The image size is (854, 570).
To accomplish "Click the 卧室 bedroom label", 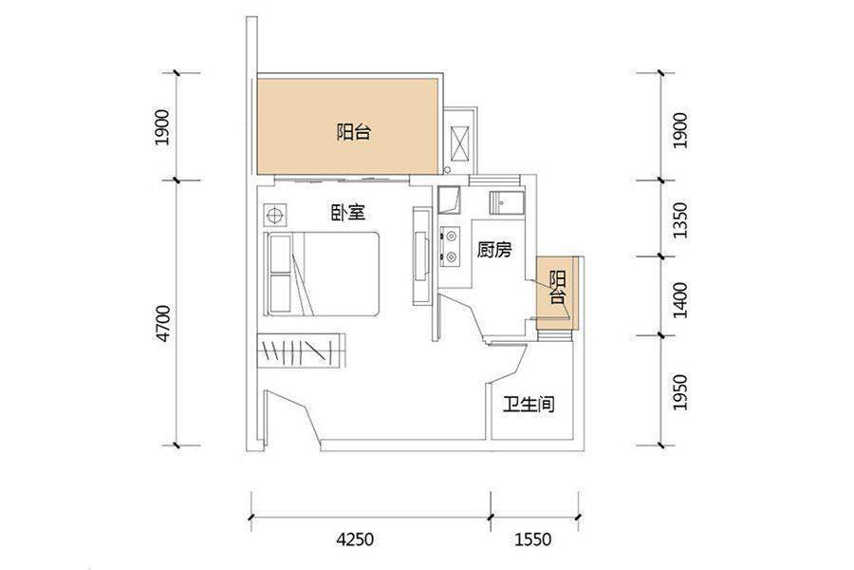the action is [348, 212].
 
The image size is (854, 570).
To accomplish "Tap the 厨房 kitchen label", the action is [494, 250].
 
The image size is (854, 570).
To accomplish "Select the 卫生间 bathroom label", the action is [529, 404].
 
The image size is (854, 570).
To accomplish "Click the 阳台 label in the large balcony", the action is [354, 132].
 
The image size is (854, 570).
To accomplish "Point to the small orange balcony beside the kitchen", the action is [557, 293].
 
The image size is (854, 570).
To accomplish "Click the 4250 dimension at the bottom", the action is [355, 540].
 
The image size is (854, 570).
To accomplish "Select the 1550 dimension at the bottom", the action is [533, 540].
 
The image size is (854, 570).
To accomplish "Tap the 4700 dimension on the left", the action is [163, 324].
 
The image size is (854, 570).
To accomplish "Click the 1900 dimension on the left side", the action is [162, 127].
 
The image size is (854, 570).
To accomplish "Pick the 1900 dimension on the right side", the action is [680, 131].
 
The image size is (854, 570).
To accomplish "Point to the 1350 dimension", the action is [680, 220].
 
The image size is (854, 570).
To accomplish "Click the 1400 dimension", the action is [680, 300].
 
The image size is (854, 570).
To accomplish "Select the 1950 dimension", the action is [680, 392].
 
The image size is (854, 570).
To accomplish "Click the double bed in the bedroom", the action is [322, 274].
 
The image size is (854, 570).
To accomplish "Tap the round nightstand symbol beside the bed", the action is [274, 215].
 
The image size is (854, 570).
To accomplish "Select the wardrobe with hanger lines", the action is [302, 351].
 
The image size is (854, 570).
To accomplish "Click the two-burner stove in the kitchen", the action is [451, 246].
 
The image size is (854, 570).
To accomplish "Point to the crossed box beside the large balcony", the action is [460, 144].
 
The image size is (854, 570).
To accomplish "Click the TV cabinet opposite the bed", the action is [420, 256].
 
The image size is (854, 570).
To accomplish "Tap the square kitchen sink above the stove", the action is [450, 199].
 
